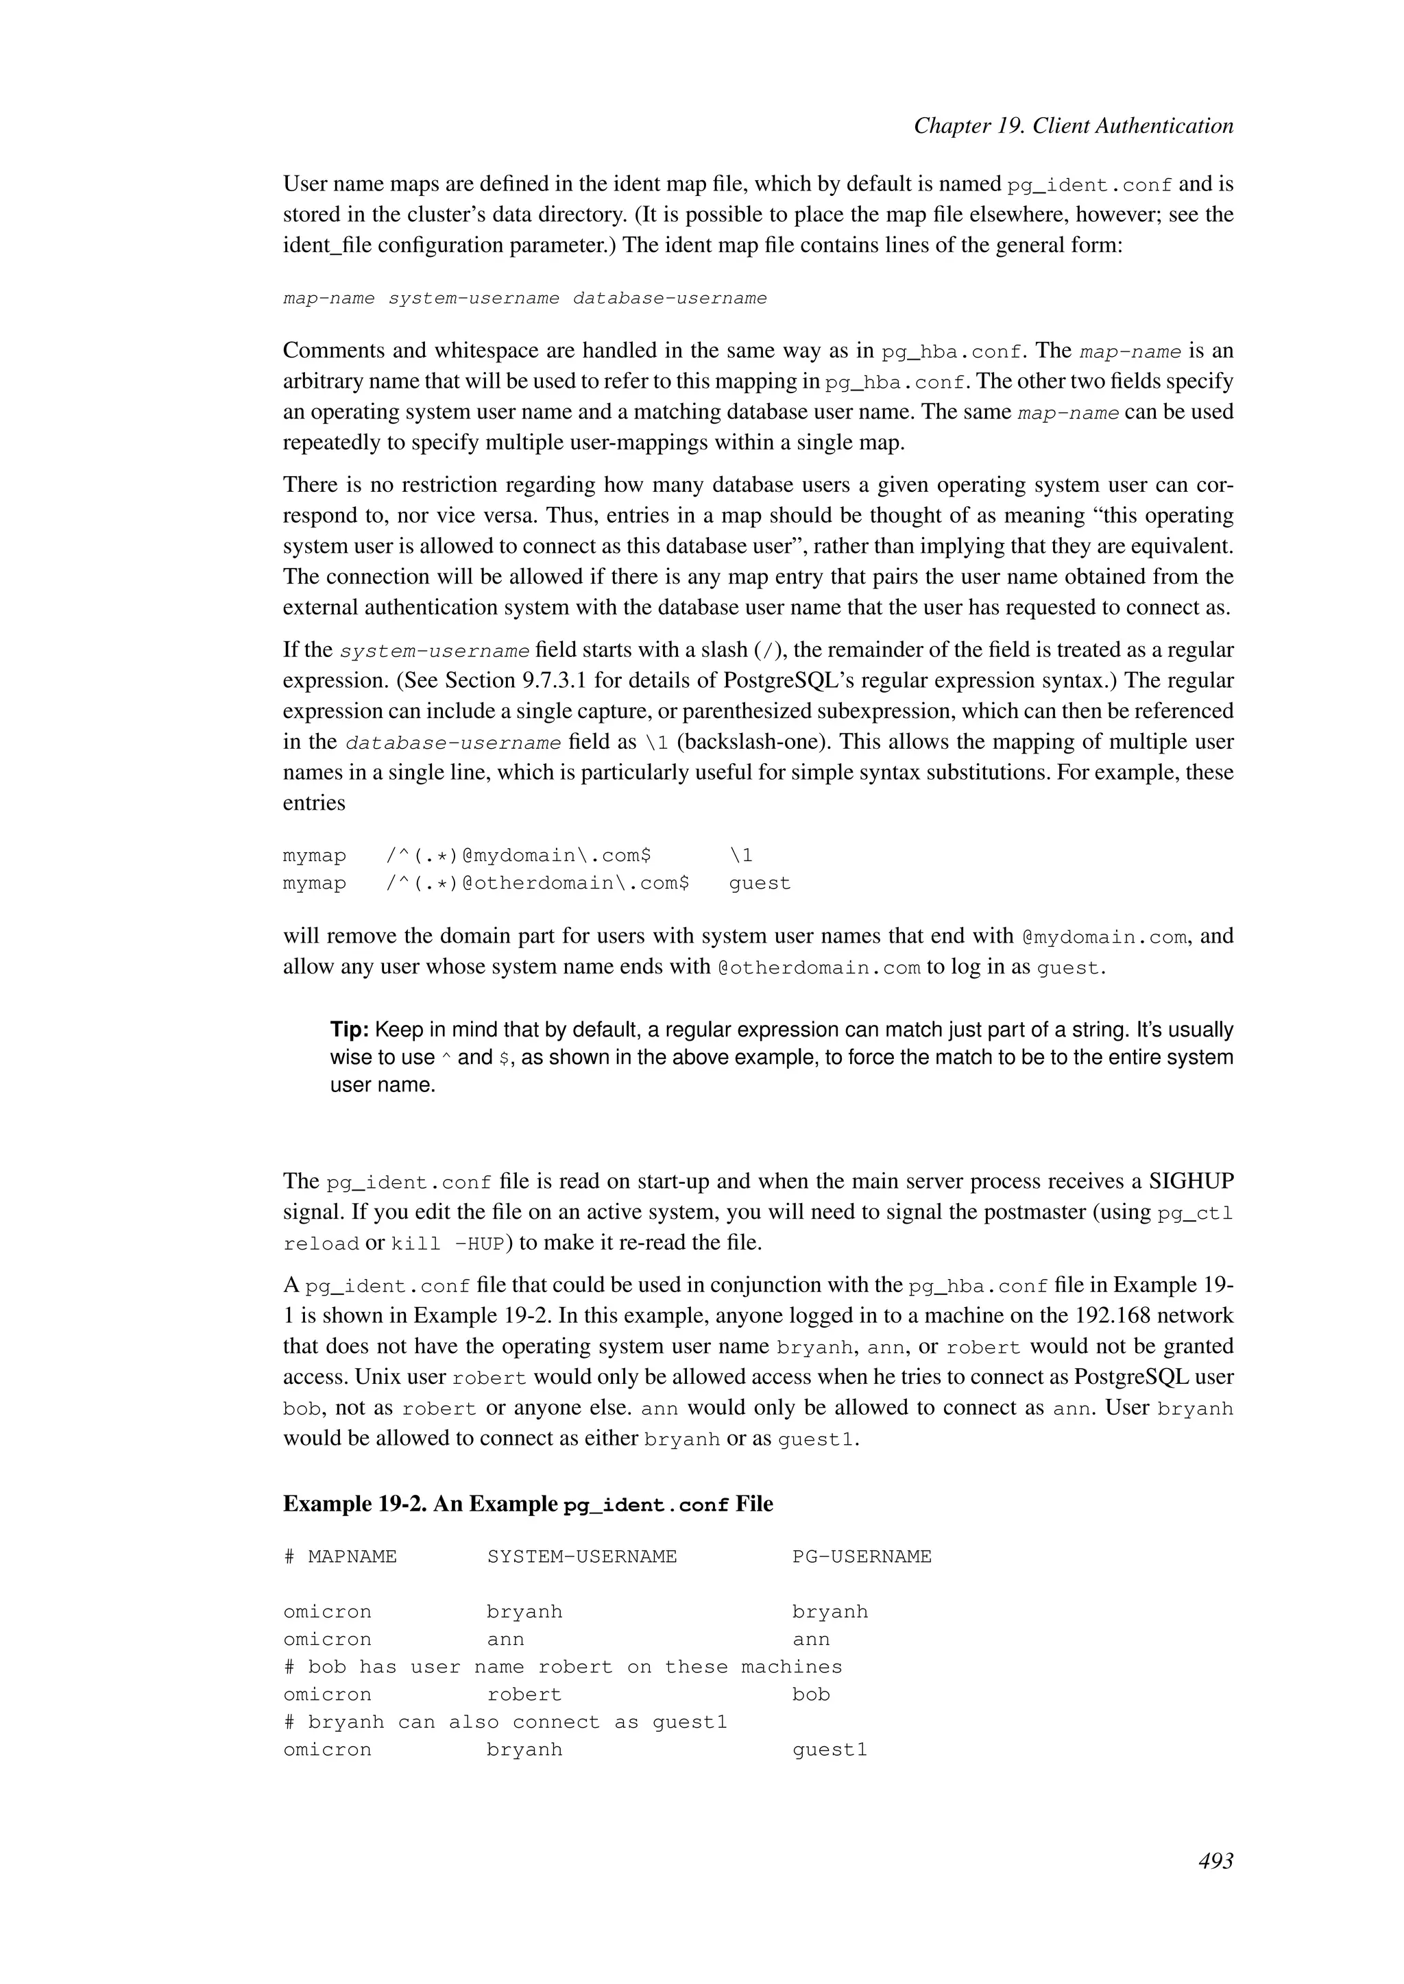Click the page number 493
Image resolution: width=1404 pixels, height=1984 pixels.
click(1215, 1861)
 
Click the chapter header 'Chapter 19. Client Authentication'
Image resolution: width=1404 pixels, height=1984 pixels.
click(1073, 126)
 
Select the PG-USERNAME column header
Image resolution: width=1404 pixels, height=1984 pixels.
click(861, 1557)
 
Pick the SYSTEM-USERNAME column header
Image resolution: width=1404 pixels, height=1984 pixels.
click(582, 1557)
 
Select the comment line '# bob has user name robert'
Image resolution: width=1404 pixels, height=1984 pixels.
click(562, 1667)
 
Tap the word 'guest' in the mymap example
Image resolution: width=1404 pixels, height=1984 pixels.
click(759, 883)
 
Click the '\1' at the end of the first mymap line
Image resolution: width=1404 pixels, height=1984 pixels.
click(741, 856)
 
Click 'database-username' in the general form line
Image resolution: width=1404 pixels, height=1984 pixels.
click(669, 298)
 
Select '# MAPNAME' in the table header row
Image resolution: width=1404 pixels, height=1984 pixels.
click(340, 1557)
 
